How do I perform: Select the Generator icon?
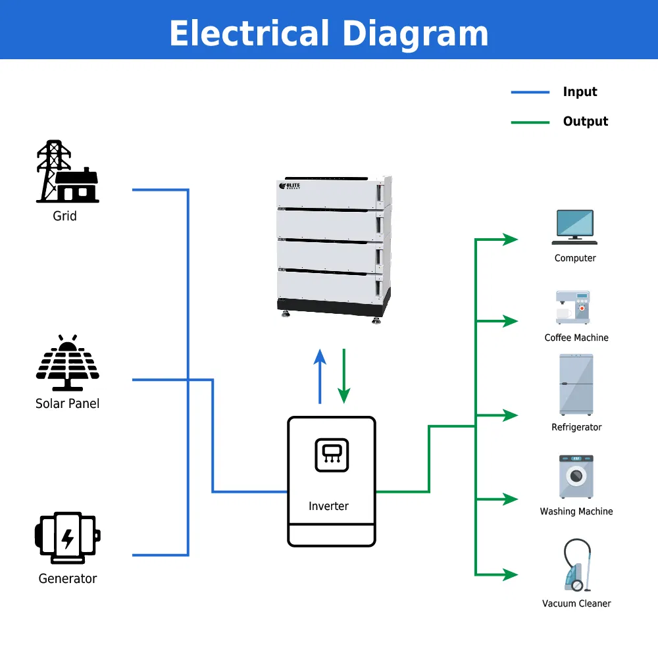coord(68,538)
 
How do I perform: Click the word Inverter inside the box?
coord(328,506)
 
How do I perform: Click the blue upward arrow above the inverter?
coord(320,376)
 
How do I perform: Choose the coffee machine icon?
coord(573,307)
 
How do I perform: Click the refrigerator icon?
coord(576,384)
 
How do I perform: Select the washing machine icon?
coord(576,476)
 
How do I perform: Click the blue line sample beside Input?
coord(530,92)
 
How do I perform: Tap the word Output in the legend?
coord(586,121)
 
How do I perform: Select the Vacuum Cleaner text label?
coord(576,603)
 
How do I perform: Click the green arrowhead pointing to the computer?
coord(511,240)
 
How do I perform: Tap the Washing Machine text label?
coord(576,511)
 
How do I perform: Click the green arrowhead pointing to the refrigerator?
coord(511,415)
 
